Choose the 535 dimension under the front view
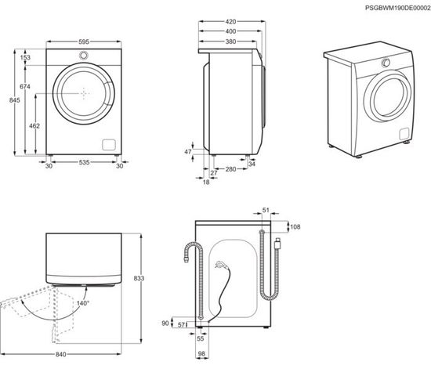tap(83, 164)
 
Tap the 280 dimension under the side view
tap(231, 169)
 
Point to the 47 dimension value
tap(188, 150)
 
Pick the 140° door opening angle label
tap(83, 302)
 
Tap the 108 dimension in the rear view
tap(295, 227)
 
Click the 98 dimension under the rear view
tap(201, 354)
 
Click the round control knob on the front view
tap(83, 55)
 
